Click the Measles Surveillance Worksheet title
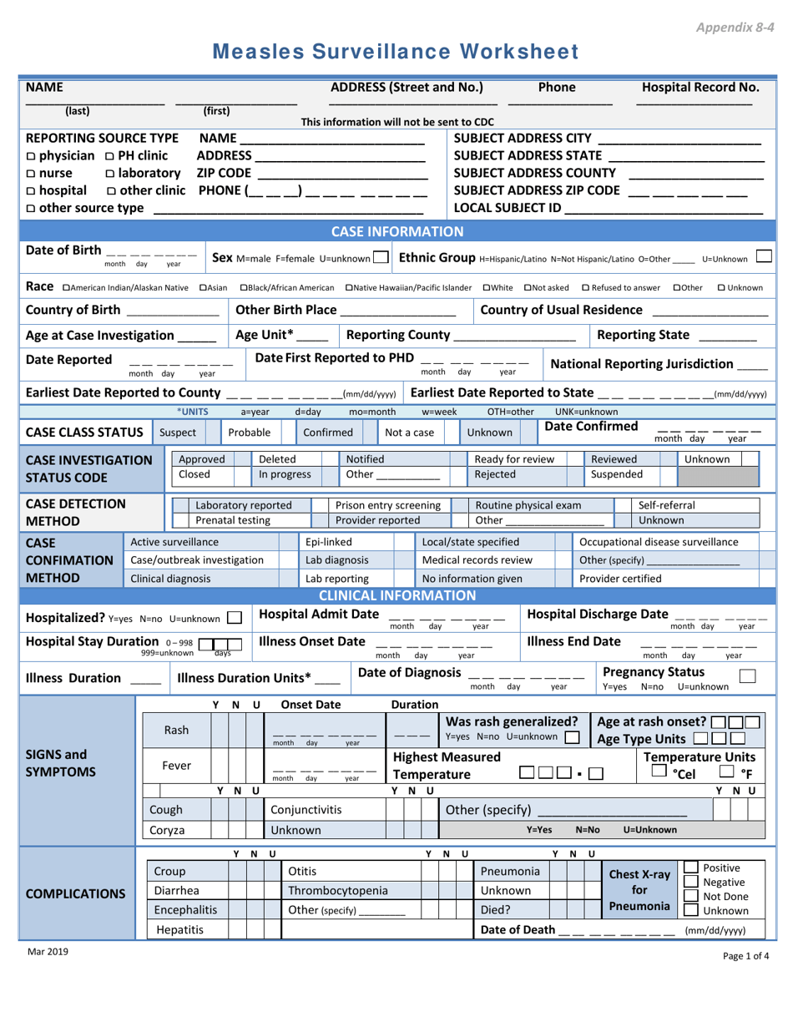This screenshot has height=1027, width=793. [x=396, y=52]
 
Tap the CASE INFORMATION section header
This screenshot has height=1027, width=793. [x=397, y=231]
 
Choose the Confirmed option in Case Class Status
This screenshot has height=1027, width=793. [x=327, y=433]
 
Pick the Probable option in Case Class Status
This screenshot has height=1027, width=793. [x=250, y=433]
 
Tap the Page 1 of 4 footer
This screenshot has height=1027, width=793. [x=745, y=957]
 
